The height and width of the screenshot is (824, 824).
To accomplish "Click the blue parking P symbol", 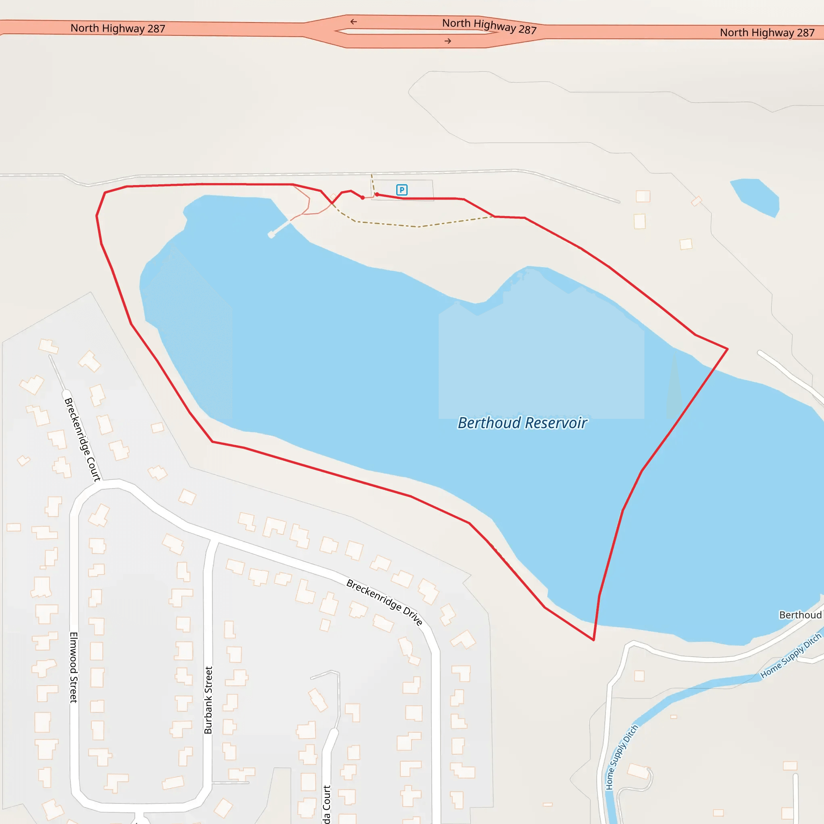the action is [402, 190].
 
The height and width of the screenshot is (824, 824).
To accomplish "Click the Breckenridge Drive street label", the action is [384, 602].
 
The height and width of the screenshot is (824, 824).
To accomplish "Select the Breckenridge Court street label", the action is [82, 439].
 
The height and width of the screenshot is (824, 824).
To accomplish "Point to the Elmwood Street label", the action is [74, 667].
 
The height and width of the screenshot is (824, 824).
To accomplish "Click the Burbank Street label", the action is [208, 700].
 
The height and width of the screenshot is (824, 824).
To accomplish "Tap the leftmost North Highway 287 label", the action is [118, 29].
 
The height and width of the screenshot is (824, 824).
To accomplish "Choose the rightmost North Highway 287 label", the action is [767, 33].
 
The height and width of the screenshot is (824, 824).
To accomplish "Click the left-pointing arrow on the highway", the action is [354, 22].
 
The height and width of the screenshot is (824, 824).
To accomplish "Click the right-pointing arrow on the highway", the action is [448, 41].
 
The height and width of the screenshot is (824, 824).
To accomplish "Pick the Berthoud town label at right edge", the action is [800, 615].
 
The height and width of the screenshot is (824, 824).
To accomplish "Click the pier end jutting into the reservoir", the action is [271, 235].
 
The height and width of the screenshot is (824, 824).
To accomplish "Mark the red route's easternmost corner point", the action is [727, 349].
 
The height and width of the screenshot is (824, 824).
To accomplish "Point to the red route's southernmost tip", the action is [593, 640].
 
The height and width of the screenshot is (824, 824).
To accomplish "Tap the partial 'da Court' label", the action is [326, 804].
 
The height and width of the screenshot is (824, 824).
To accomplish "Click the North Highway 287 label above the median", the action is [489, 26].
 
